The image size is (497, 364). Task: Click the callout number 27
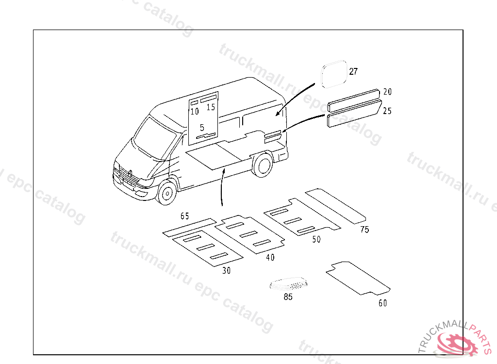click(353, 71)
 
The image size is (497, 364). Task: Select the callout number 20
click(387, 92)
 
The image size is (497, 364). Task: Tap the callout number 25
click(387, 111)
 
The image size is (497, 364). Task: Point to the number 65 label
click(184, 216)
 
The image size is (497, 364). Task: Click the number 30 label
click(226, 270)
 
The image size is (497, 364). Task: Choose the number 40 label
click(270, 257)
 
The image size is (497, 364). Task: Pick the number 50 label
click(316, 239)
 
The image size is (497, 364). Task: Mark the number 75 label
click(364, 229)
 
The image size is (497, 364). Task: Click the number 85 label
click(288, 297)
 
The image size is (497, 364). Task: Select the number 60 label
click(382, 303)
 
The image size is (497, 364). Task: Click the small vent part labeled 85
click(288, 283)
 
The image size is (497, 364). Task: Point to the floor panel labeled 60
click(358, 278)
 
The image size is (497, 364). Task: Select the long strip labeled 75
click(335, 206)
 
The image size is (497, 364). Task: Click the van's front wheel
click(167, 192)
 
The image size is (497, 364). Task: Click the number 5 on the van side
click(202, 128)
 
